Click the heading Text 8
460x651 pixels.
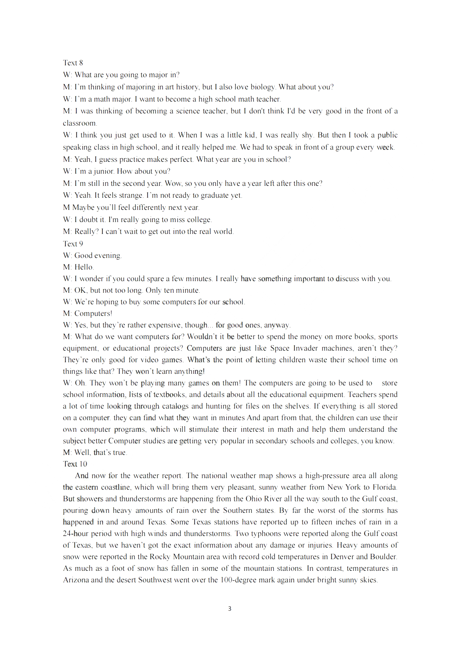pyautogui.click(x=73, y=63)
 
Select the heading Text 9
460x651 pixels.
pyautogui.click(x=73, y=244)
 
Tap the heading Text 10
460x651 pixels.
pyautogui.click(x=75, y=464)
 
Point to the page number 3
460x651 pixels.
pyautogui.click(x=229, y=608)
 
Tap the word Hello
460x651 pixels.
pyautogui.click(x=84, y=267)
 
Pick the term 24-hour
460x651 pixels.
pyautogui.click(x=76, y=534)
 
